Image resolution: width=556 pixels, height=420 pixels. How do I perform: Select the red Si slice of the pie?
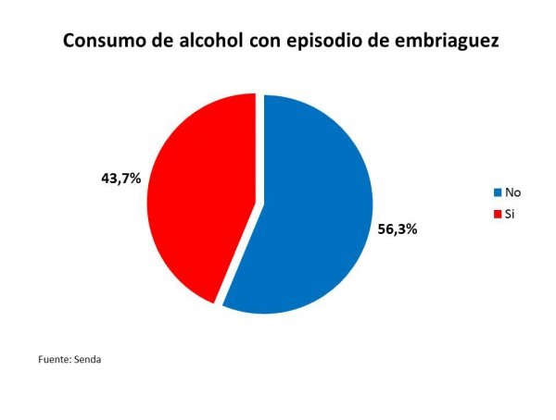point(199,185)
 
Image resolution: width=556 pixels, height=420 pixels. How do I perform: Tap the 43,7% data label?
point(120,178)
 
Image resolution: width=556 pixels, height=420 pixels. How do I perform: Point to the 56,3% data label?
point(398,229)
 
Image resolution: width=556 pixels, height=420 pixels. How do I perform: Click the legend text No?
point(512,192)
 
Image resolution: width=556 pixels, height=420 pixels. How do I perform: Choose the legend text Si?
point(510,214)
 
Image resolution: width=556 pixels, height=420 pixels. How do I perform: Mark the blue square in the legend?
point(498,192)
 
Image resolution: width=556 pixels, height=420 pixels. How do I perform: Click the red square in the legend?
point(498,214)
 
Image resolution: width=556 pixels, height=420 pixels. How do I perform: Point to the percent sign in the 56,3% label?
point(411,229)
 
